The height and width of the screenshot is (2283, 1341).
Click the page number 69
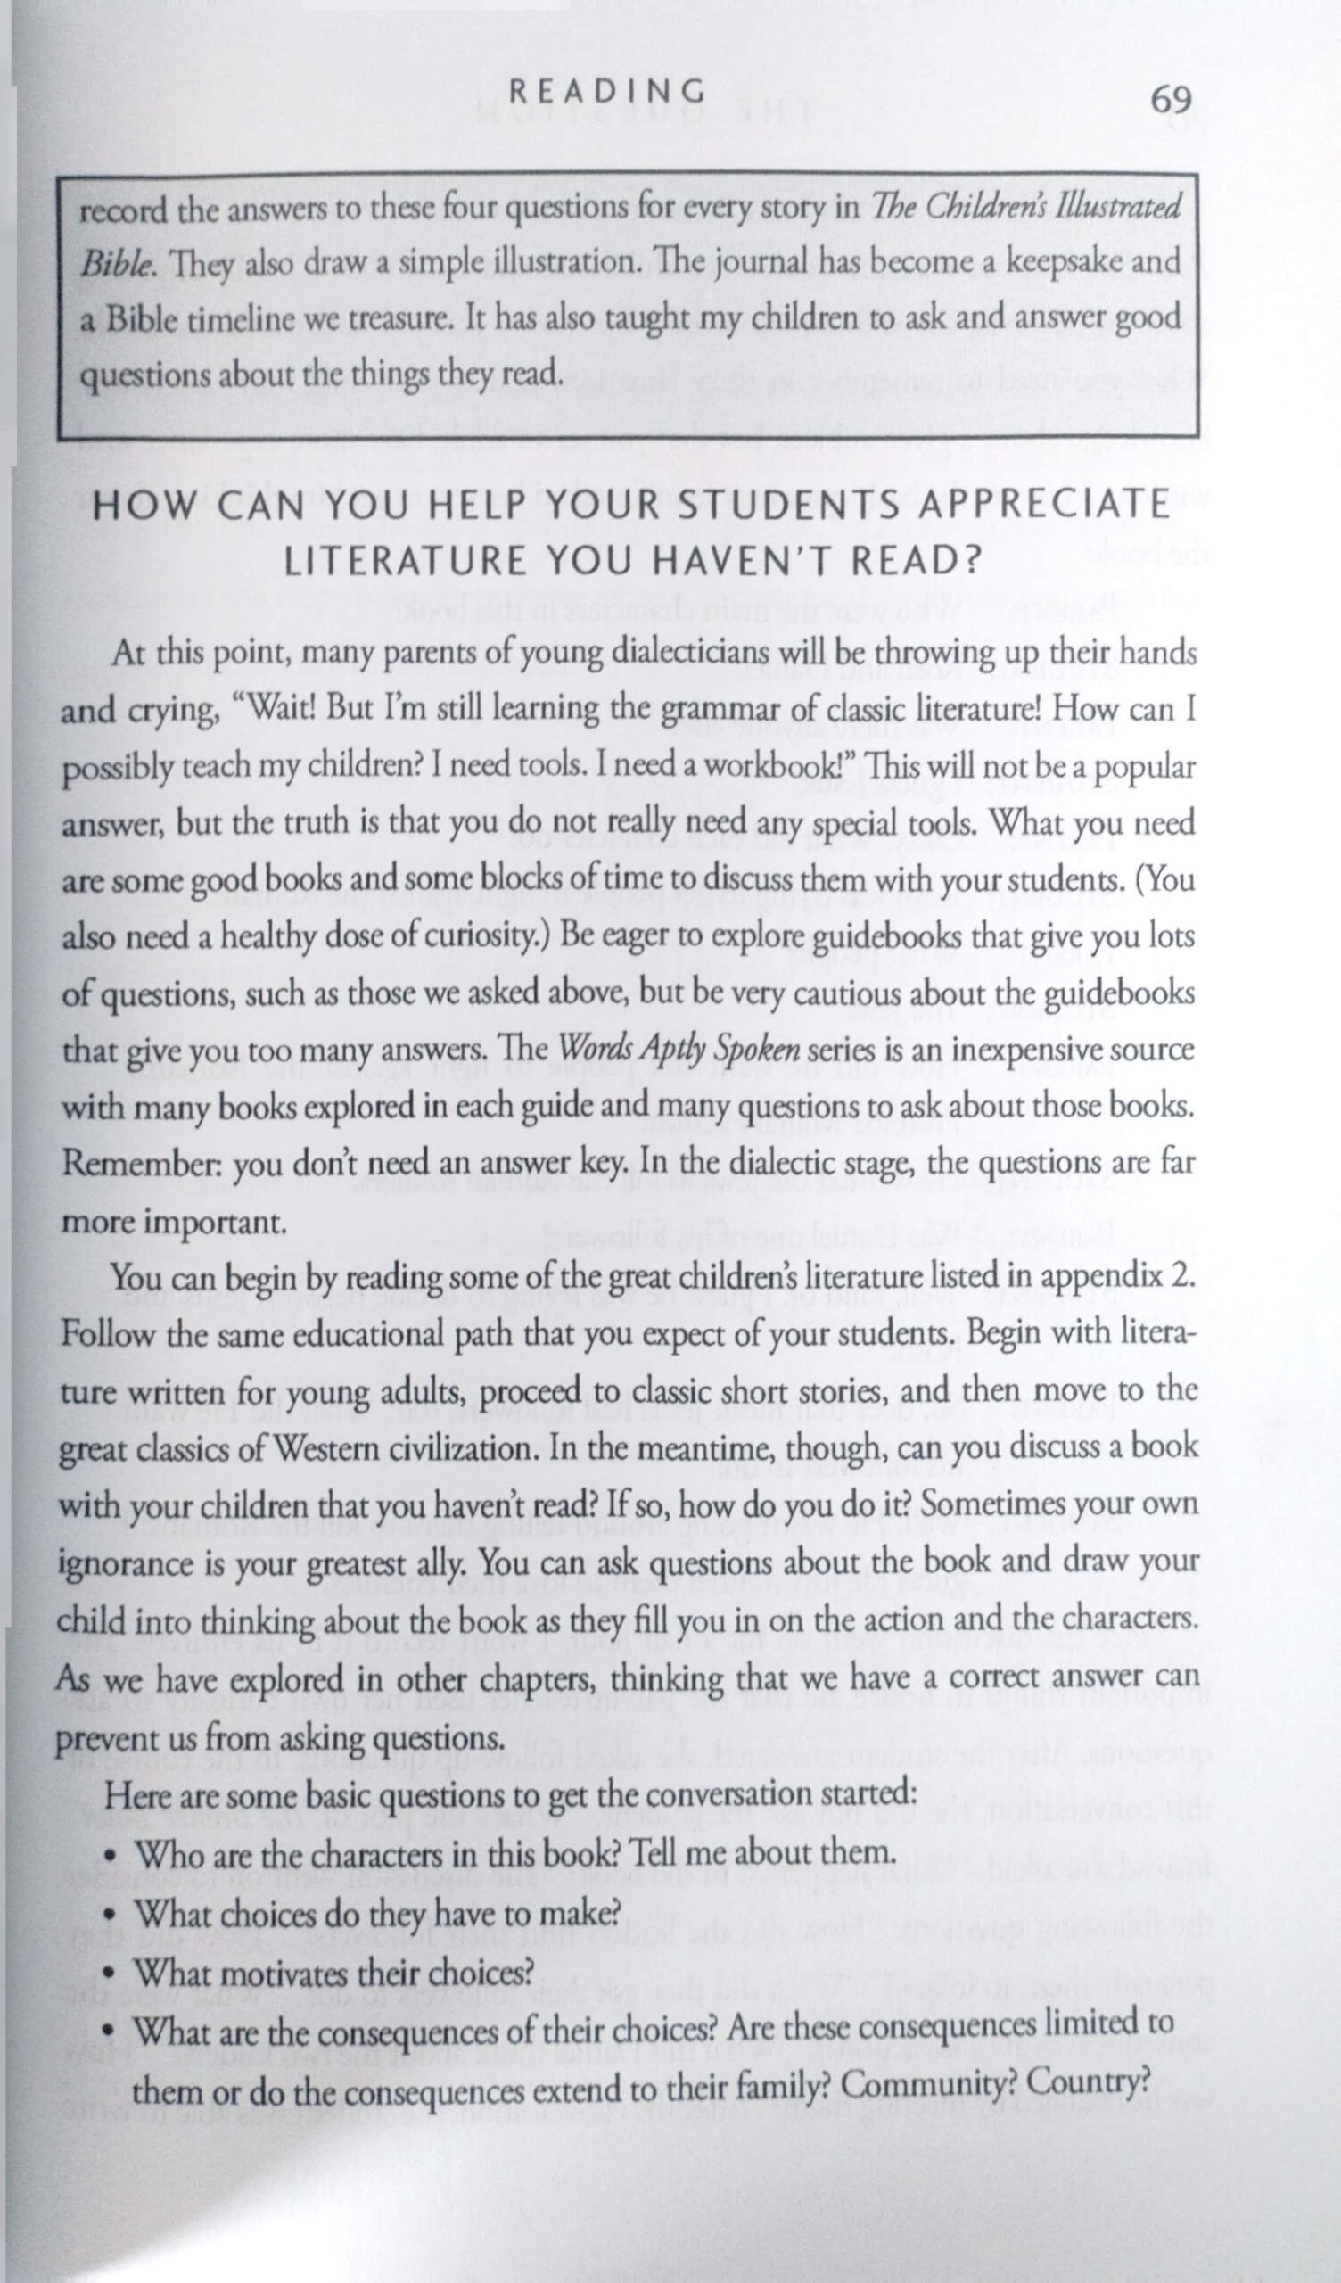click(x=1171, y=99)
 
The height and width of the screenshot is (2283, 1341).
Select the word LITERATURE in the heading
click(x=404, y=562)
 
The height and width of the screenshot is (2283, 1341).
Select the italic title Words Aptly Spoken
click(x=679, y=1049)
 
